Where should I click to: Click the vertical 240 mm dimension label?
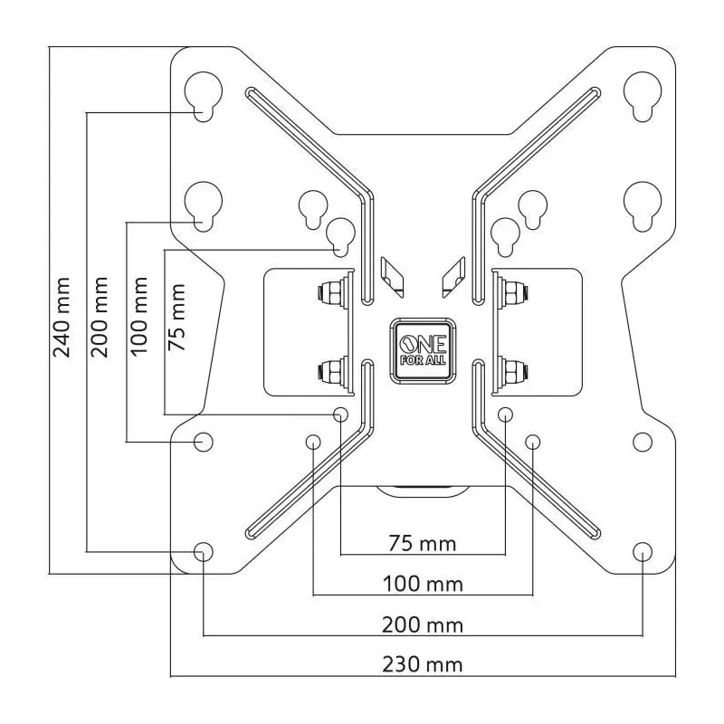[x=62, y=318]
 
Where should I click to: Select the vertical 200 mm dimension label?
[x=100, y=318]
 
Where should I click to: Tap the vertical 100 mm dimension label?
[x=139, y=316]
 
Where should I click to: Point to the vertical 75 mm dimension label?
[x=176, y=318]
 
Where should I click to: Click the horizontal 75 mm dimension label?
[x=422, y=544]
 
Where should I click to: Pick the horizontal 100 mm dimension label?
[x=423, y=585]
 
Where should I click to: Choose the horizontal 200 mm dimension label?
[x=423, y=625]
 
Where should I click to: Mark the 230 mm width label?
[x=423, y=665]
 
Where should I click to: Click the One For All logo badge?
[x=423, y=351]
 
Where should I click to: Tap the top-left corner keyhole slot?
[x=203, y=95]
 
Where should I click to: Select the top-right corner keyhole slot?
[x=643, y=95]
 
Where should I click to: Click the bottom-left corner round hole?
[x=203, y=551]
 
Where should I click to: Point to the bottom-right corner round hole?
[x=643, y=551]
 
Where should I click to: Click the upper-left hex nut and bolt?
[x=332, y=292]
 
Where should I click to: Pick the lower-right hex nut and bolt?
[x=513, y=370]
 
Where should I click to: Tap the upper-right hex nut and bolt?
[x=513, y=292]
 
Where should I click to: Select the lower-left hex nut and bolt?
[x=332, y=370]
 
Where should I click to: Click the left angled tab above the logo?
[x=393, y=277]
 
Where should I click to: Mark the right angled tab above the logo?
[x=453, y=277]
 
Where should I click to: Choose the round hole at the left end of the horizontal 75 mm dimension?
[x=341, y=414]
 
